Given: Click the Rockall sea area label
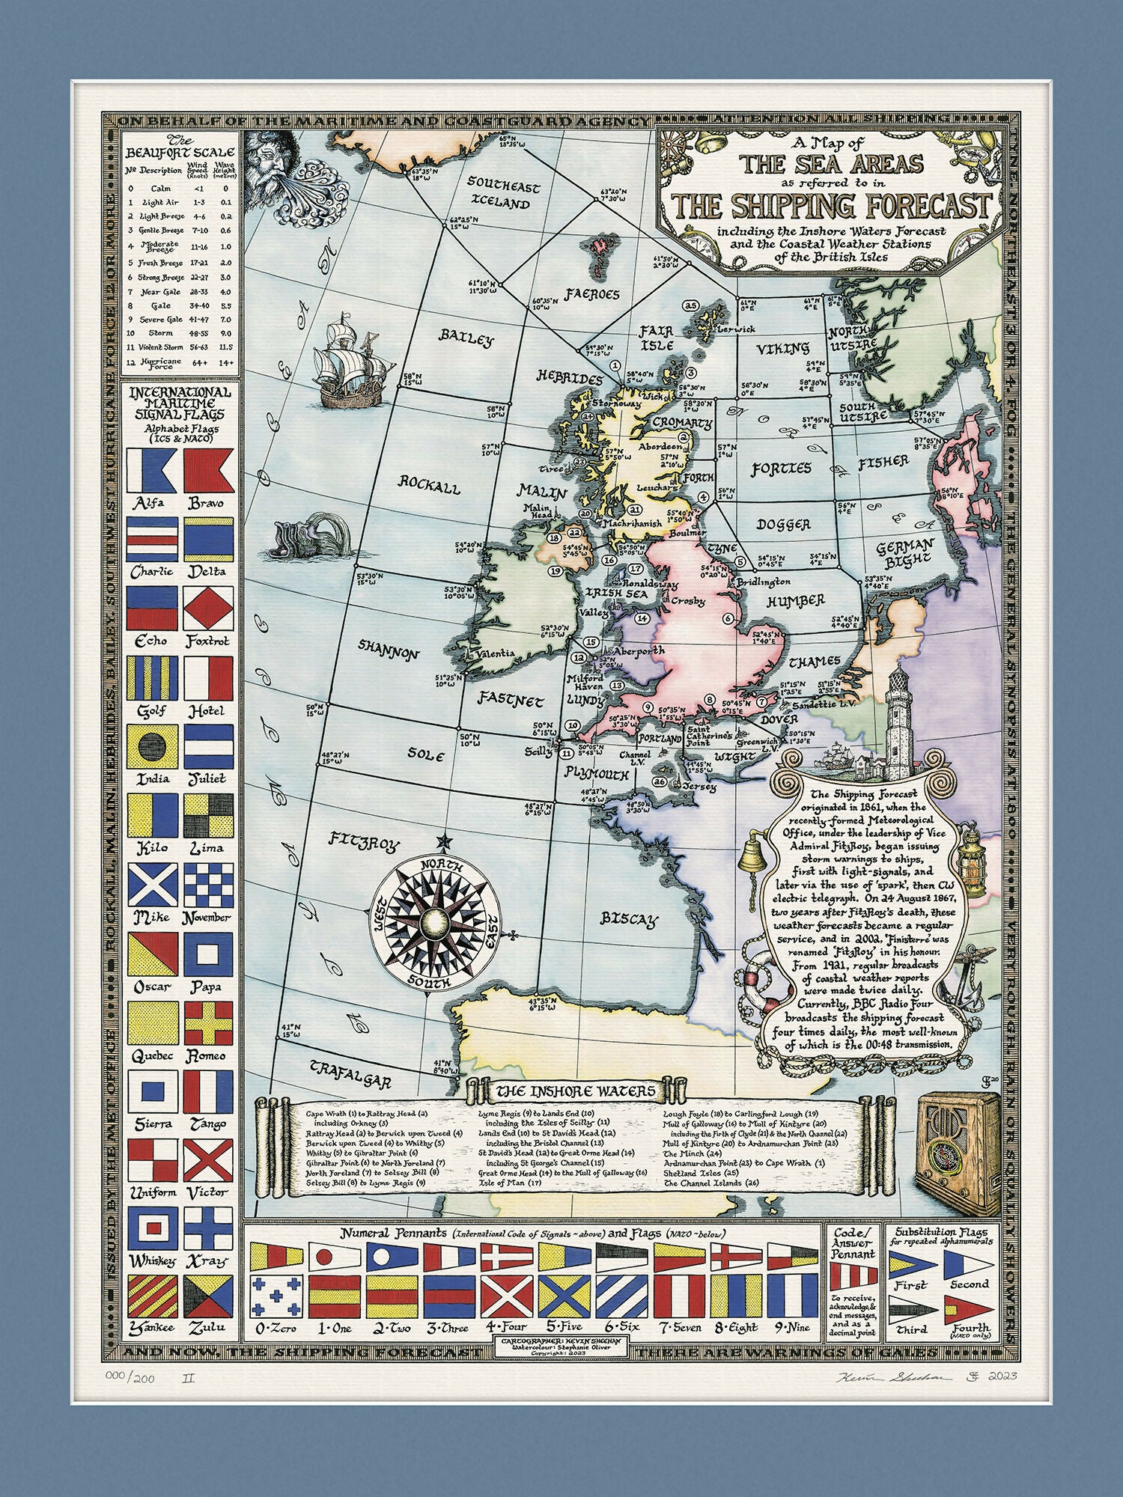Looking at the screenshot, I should coord(428,485).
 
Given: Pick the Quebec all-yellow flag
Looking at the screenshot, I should coord(153,1023).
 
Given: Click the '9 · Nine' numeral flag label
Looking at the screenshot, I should coord(791,1327).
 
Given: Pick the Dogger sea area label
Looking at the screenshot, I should coord(782,525).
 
